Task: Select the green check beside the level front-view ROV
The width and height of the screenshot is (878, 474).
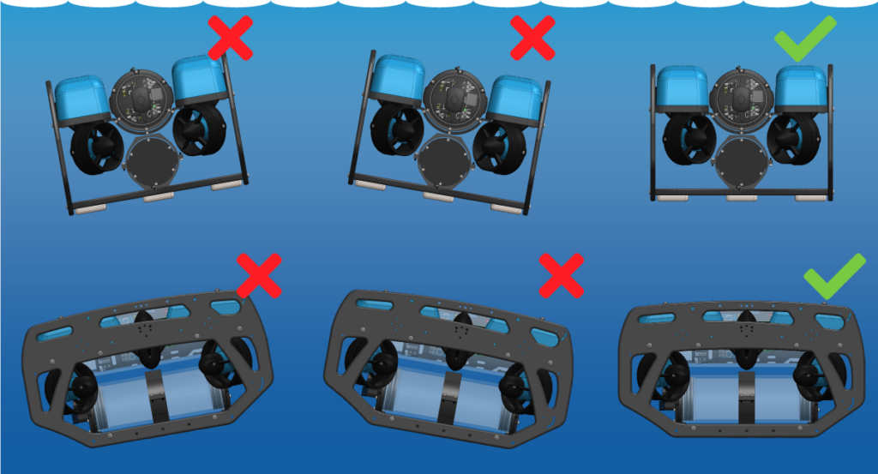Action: point(804,38)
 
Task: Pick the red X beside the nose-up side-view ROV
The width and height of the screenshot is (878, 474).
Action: point(259,275)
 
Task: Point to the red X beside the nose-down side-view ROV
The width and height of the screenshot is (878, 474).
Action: point(562,275)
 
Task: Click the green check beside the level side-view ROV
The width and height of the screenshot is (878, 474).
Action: point(834,275)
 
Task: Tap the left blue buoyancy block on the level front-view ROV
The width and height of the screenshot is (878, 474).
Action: point(682,89)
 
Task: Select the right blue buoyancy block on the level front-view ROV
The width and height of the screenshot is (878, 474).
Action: point(801,89)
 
